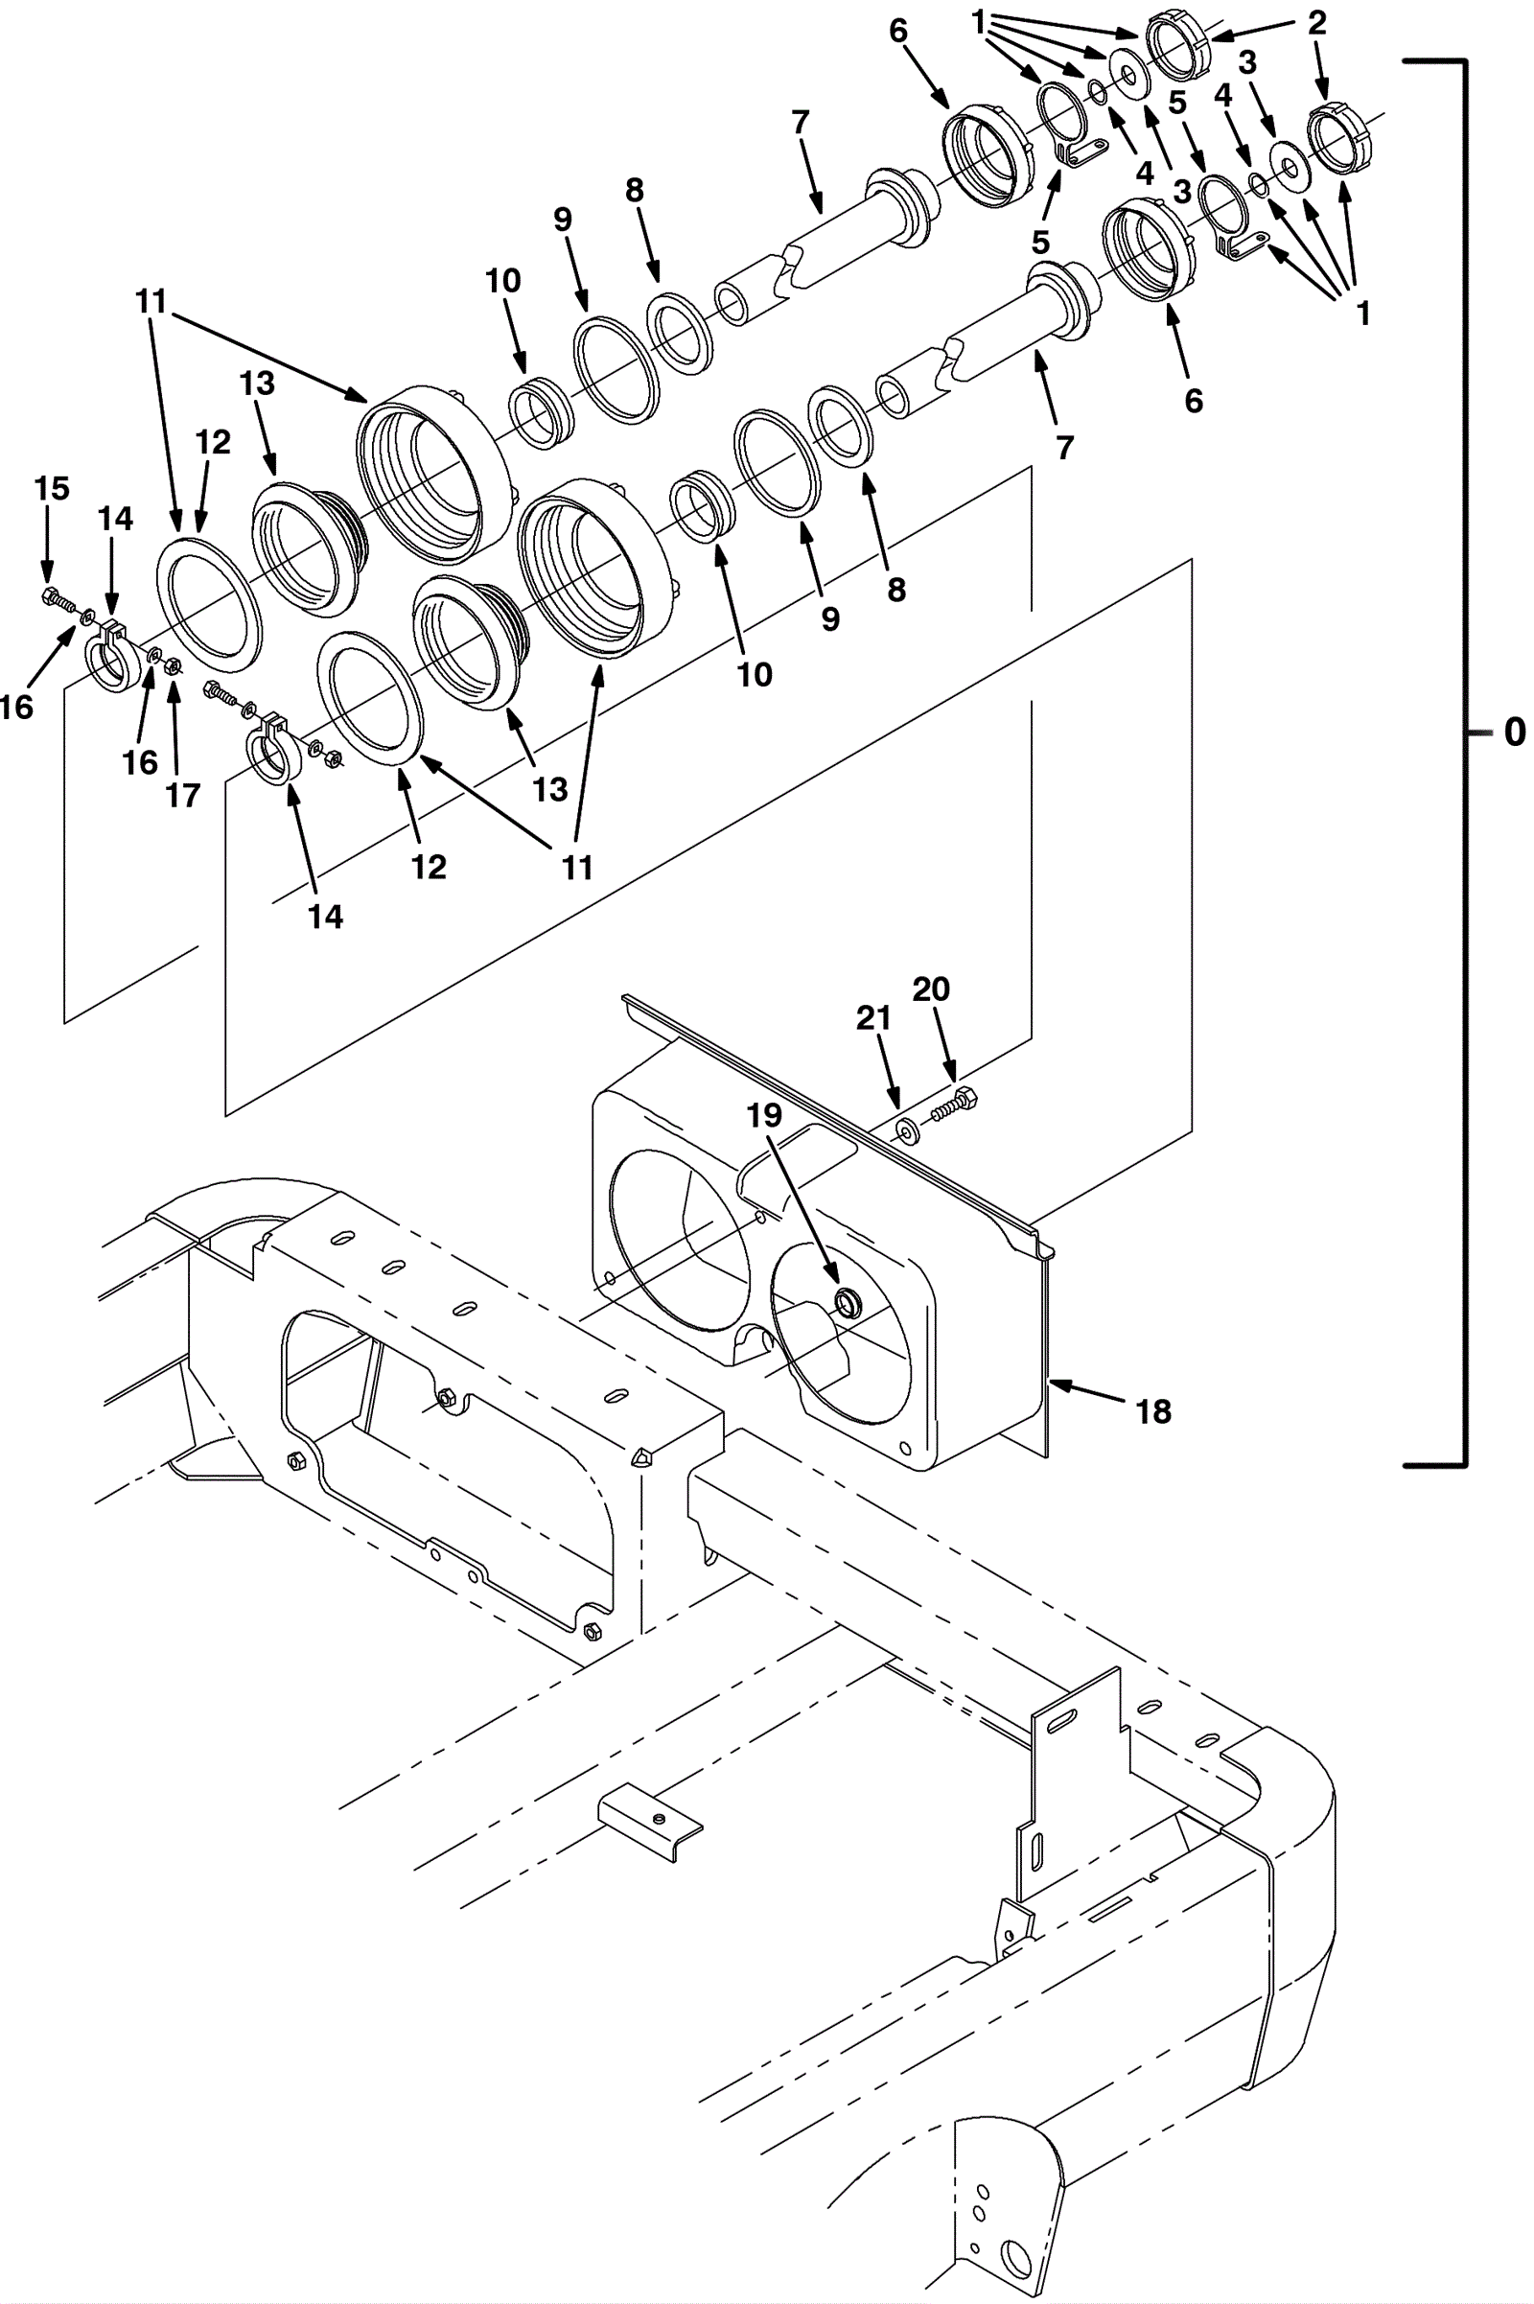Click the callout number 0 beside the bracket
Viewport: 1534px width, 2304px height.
click(1514, 732)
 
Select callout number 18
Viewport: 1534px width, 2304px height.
click(1154, 1410)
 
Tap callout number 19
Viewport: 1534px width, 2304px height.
click(765, 1115)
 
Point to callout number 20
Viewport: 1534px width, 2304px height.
click(930, 989)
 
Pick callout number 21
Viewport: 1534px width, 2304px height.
click(872, 1018)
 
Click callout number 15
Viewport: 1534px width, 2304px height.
click(52, 488)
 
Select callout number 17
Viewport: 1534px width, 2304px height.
click(183, 796)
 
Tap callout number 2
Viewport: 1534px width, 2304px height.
click(1316, 23)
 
